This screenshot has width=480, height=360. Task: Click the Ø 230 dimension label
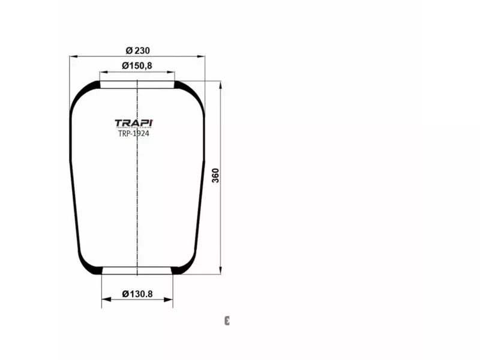pyautogui.click(x=137, y=50)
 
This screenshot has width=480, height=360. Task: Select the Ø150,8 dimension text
pyautogui.click(x=137, y=65)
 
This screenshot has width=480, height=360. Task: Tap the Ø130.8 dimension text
pyautogui.click(x=137, y=293)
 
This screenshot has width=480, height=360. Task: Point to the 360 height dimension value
pyautogui.click(x=216, y=175)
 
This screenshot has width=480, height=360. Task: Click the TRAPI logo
pyautogui.click(x=134, y=123)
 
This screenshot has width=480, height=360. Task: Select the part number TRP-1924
pyautogui.click(x=134, y=134)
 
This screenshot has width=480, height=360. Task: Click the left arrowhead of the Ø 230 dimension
pyautogui.click(x=73, y=57)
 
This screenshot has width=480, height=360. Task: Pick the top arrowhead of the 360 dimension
pyautogui.click(x=221, y=85)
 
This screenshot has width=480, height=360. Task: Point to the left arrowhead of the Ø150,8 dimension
pyautogui.click(x=103, y=72)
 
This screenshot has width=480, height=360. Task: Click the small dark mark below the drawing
pyautogui.click(x=227, y=320)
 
